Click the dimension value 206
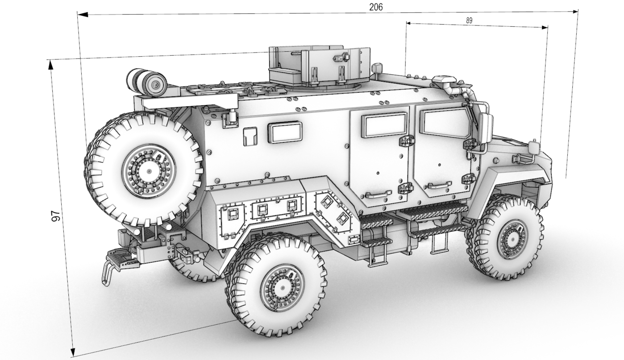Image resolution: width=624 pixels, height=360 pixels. pos(376,7)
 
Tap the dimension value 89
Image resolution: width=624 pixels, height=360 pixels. pos(469,21)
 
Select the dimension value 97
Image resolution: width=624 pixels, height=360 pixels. pos(56,216)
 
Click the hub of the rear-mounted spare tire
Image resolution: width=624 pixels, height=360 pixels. pos(149,170)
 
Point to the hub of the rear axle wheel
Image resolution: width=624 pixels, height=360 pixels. pos(283,287)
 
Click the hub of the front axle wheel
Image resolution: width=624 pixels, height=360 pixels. pos(512,240)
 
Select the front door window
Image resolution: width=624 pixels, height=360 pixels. pos(444,122)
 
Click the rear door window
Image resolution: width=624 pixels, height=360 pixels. pos(385,125)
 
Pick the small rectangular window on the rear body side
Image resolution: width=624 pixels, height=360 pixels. pos(285,132)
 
